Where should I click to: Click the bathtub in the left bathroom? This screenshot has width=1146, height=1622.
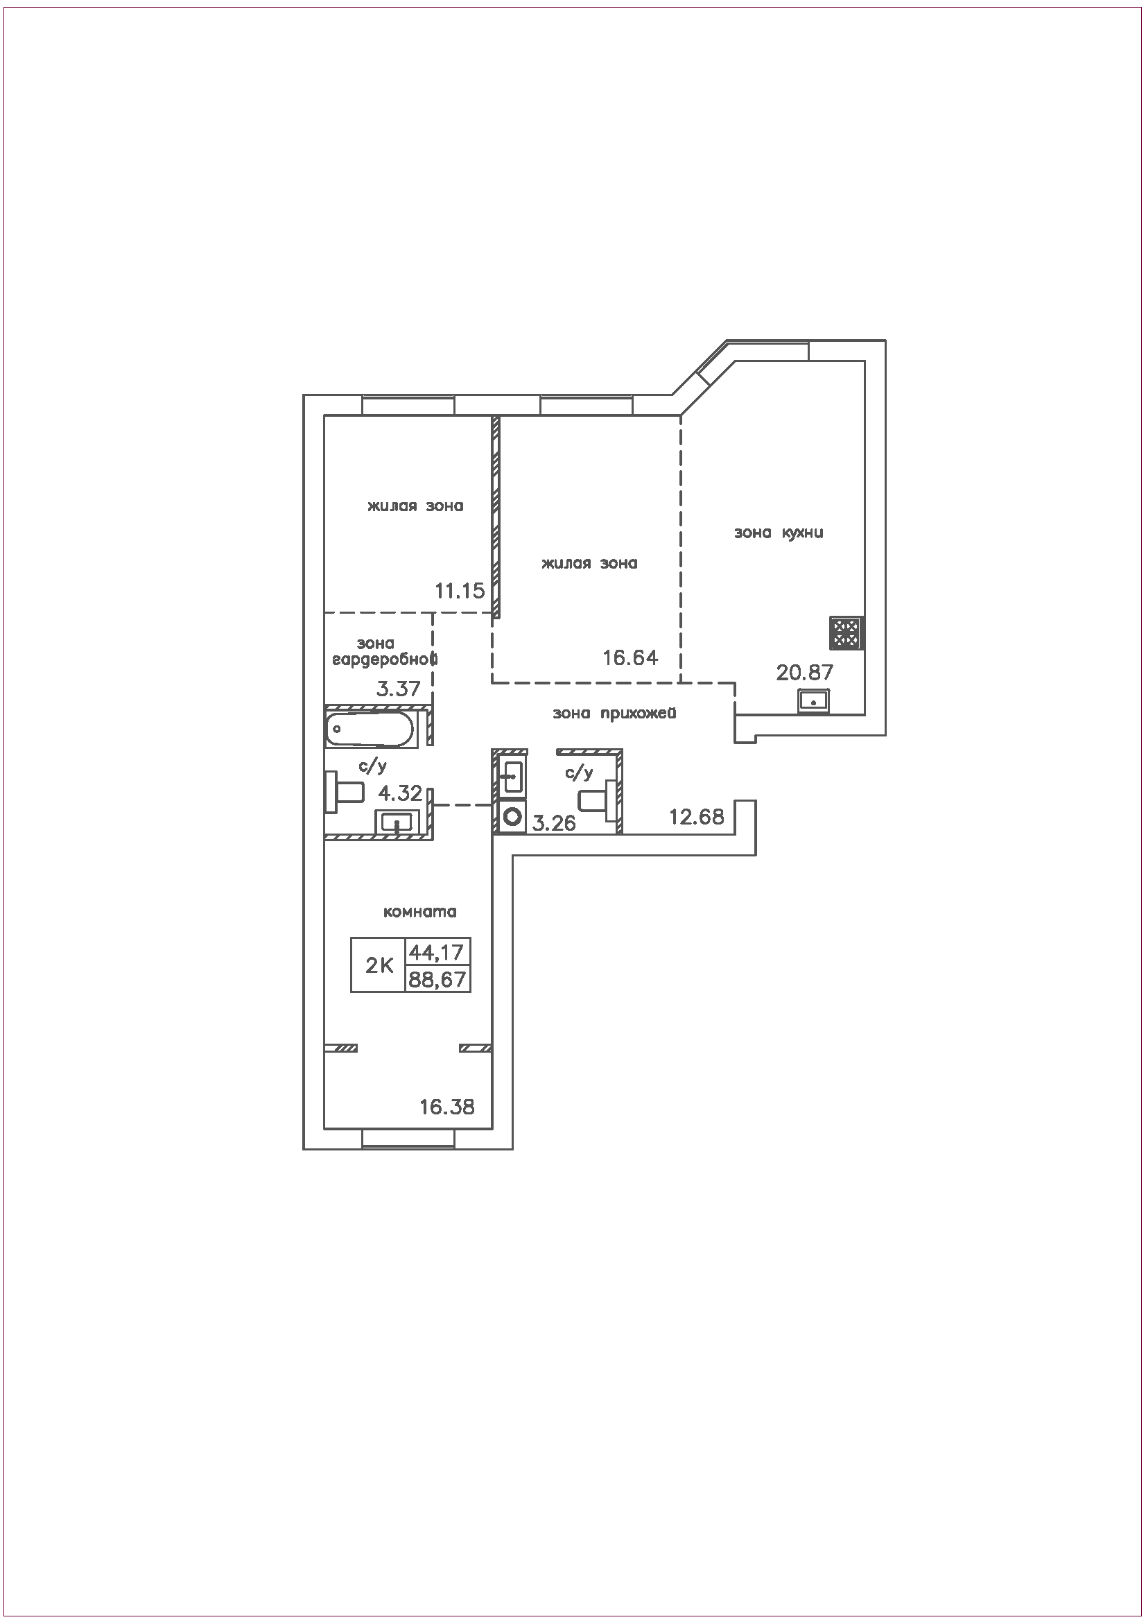370,728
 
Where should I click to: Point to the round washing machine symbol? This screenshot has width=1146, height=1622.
510,818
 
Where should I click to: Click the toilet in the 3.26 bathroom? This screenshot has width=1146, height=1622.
595,801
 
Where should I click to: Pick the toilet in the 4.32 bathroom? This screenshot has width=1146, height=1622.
344,792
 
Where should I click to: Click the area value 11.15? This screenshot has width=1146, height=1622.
460,591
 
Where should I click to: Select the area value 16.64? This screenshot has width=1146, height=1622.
631,657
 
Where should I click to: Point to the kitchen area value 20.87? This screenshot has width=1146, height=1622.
805,672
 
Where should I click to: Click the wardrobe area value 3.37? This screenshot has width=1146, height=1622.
398,688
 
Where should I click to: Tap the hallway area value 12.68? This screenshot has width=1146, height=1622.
697,817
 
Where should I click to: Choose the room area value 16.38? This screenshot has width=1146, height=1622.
447,1107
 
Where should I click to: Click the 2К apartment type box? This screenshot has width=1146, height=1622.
379,965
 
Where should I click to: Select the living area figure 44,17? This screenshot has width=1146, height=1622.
437,952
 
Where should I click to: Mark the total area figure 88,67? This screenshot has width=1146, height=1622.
437,979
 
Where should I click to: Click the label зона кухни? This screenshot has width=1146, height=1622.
779,533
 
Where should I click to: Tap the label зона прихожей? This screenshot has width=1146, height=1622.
614,714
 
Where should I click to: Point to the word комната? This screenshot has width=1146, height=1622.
420,912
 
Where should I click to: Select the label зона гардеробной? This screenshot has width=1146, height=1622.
385,652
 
